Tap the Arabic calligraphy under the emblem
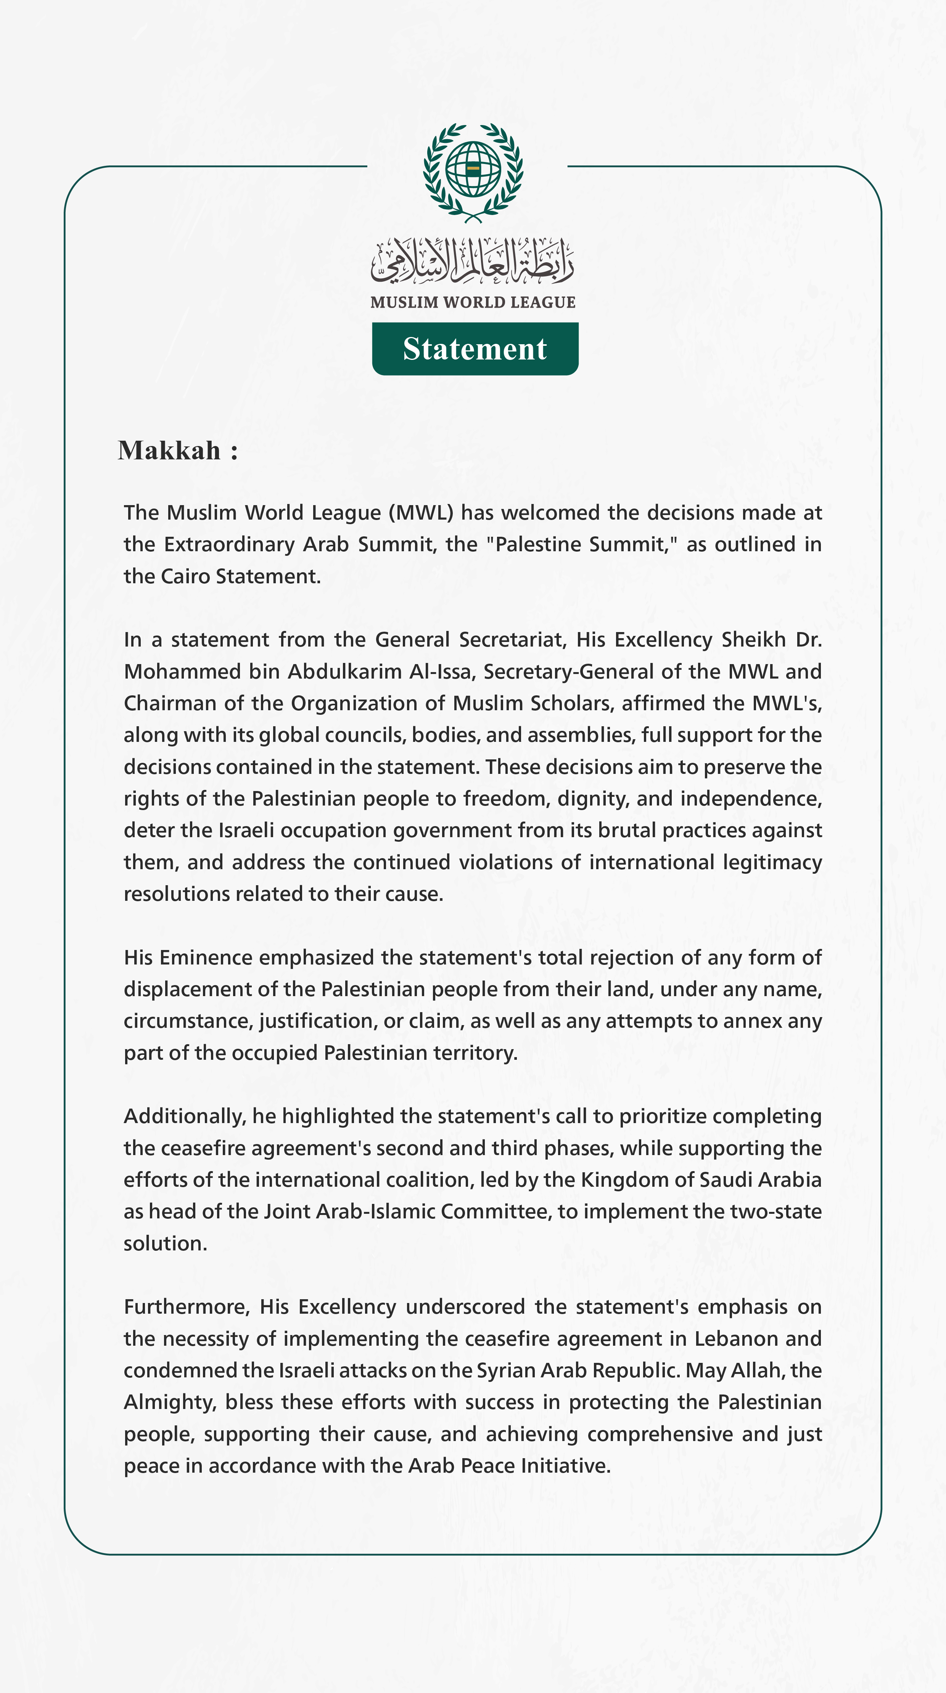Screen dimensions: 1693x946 473,262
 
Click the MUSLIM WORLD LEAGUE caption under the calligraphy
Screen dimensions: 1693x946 473,302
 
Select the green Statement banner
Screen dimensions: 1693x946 475,349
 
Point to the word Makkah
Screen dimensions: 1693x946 170,451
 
